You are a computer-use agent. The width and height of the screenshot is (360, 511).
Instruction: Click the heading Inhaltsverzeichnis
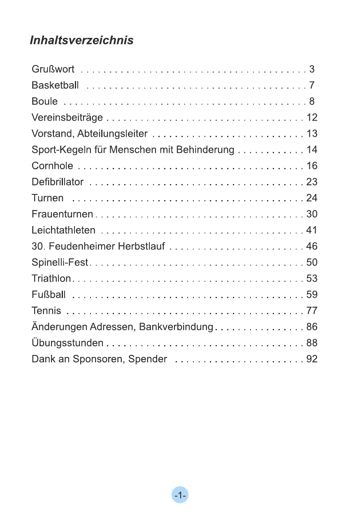pyautogui.click(x=81, y=40)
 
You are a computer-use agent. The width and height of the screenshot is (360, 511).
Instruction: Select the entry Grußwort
pyautogui.click(x=53, y=69)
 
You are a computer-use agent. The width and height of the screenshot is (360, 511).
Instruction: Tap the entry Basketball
pyautogui.click(x=55, y=85)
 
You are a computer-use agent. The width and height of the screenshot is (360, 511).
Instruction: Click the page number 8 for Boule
pyautogui.click(x=312, y=101)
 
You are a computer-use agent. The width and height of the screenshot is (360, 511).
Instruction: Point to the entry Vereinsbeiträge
pyautogui.click(x=67, y=118)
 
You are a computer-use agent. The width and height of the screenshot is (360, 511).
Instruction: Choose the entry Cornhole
pyautogui.click(x=52, y=166)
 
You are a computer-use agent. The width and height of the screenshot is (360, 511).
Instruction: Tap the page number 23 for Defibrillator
pyautogui.click(x=312, y=182)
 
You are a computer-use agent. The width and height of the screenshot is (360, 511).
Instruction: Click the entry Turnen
pyautogui.click(x=48, y=198)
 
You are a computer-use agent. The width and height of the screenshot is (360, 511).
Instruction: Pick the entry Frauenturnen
pyautogui.click(x=63, y=214)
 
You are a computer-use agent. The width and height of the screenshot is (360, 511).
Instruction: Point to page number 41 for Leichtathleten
pyautogui.click(x=312, y=230)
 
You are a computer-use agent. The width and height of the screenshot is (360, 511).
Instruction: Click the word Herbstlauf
pyautogui.click(x=142, y=247)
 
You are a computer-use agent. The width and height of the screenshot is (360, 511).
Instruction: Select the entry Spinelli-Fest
pyautogui.click(x=60, y=263)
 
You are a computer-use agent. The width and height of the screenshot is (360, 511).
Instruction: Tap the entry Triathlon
pyautogui.click(x=51, y=279)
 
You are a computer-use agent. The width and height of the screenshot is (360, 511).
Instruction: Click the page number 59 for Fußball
pyautogui.click(x=312, y=295)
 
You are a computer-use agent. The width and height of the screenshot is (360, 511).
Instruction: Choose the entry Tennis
pyautogui.click(x=46, y=311)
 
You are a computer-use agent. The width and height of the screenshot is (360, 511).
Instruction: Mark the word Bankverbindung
pyautogui.click(x=176, y=327)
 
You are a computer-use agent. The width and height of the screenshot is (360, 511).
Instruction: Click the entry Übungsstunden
pyautogui.click(x=67, y=343)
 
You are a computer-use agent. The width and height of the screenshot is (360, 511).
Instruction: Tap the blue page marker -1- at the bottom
pyautogui.click(x=180, y=495)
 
